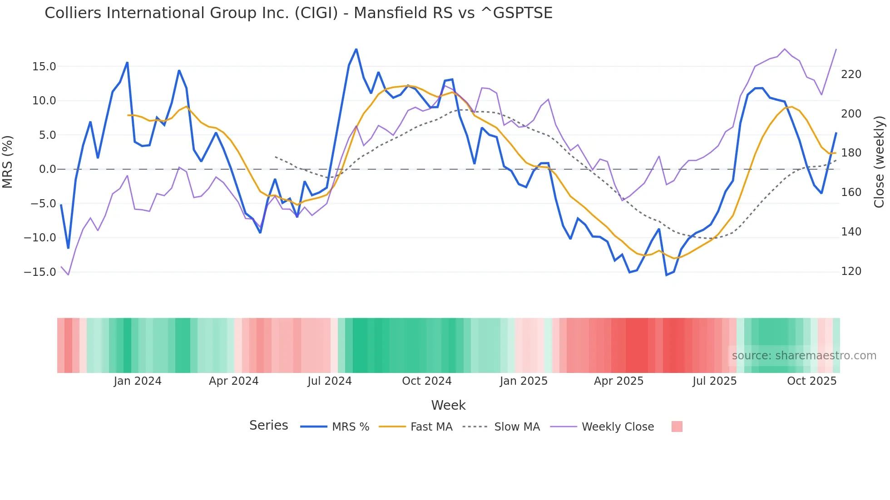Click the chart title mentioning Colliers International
[x=298, y=13]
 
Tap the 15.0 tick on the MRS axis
[x=44, y=67]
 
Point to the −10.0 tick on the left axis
[x=40, y=238]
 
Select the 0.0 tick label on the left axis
[x=47, y=169]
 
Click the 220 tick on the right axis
[x=851, y=74]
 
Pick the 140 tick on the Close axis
[x=851, y=232]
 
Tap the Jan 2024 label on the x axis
[x=138, y=381]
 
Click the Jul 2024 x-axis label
[x=330, y=381]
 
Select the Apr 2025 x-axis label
[x=618, y=381]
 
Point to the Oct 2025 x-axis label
[x=811, y=381]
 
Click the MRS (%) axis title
[x=8, y=162]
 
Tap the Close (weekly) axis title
[x=879, y=162]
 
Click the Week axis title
[x=448, y=405]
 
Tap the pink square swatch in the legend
[x=677, y=426]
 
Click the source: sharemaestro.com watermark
[x=804, y=356]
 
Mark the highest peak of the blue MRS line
[x=356, y=49]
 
